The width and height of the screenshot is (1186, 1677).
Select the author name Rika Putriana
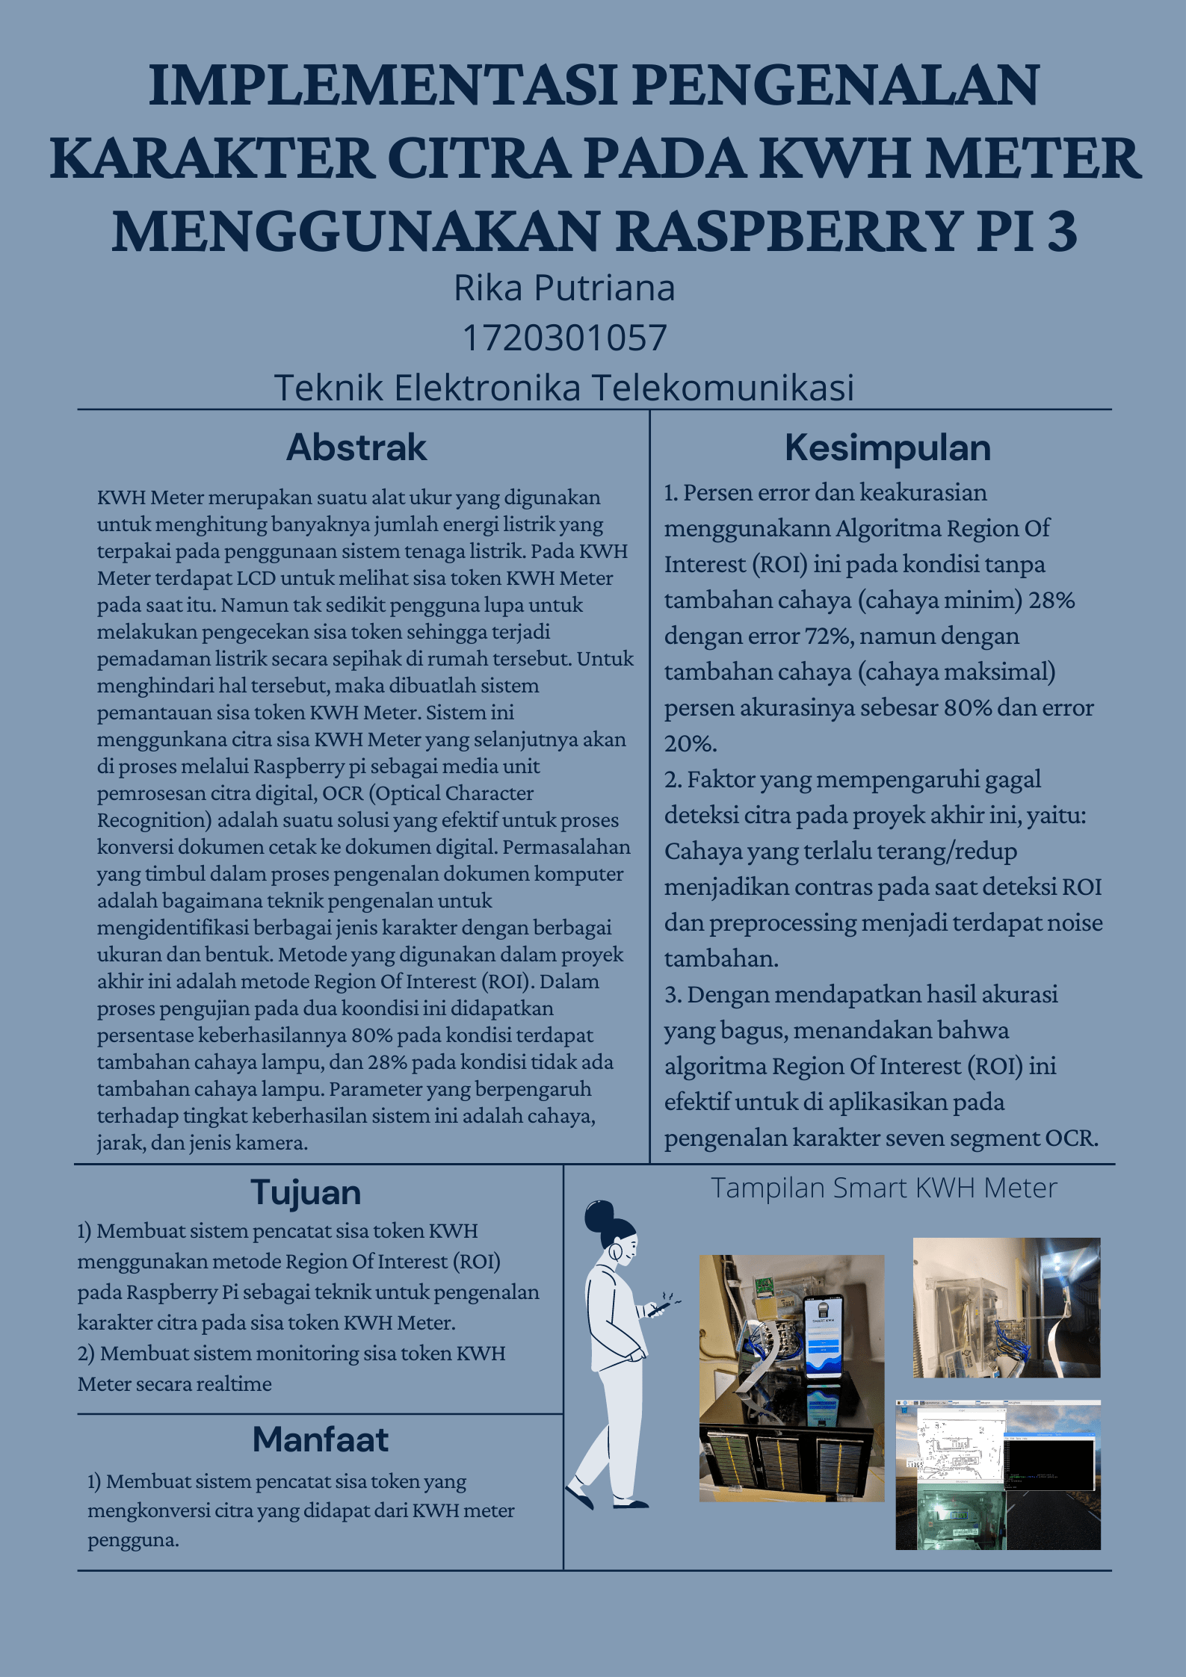564,288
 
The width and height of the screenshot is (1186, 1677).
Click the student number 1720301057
564,338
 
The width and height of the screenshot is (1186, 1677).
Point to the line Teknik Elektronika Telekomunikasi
564,388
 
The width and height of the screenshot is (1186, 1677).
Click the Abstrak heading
356,447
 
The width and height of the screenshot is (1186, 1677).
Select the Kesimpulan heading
887,447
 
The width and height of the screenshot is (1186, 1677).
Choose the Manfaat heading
320,1439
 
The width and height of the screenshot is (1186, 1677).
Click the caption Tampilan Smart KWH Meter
883,1188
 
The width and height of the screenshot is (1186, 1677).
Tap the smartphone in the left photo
824,1337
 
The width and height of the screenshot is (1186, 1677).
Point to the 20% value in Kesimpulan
689,744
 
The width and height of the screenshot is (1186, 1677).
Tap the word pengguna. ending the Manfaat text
133,1540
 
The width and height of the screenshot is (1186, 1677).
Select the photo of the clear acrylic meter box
1006,1307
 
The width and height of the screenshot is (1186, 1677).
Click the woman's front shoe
630,1503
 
